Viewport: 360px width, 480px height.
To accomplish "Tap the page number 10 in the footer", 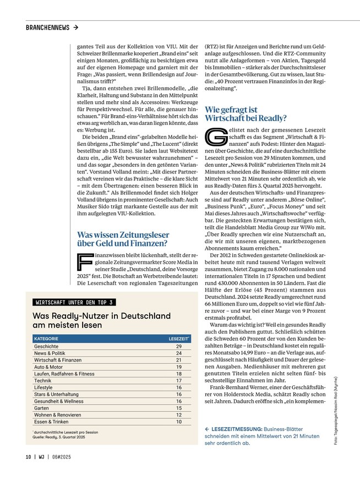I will (28, 456).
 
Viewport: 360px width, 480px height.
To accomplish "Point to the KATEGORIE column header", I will (46, 338).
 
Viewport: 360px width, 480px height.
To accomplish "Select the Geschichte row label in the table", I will (46, 347).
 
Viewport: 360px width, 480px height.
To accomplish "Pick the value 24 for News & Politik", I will (179, 353).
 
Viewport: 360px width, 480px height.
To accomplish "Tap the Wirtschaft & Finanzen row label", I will (58, 359).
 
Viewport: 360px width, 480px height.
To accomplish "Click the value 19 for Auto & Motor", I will (179, 367).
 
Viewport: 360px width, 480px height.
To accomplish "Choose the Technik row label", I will (42, 380).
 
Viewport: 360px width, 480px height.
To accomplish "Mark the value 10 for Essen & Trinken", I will (179, 422).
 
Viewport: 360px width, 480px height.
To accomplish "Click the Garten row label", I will (42, 408).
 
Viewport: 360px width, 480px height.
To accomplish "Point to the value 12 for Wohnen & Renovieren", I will (179, 415).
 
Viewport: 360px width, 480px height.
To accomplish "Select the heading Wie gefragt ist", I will (231, 110).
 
